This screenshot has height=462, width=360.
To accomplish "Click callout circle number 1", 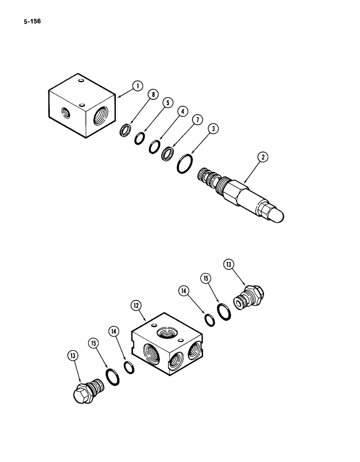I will click(x=137, y=85).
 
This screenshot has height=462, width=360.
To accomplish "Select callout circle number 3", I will click(x=214, y=129).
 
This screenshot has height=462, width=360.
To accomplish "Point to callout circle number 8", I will click(x=153, y=95).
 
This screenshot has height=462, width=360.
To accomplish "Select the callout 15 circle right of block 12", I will click(x=206, y=278).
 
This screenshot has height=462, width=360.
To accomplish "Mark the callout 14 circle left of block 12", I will click(x=114, y=331).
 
